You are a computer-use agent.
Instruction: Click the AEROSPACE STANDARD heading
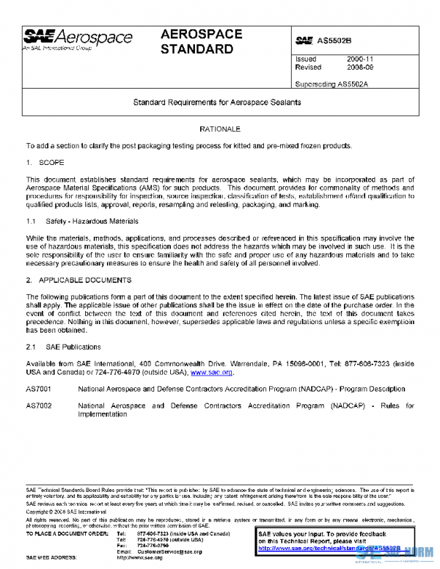197,43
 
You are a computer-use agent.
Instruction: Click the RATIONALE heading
220,129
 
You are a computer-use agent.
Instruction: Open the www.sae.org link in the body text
212,372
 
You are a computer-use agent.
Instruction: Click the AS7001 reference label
39,389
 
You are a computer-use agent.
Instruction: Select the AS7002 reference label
39,405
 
